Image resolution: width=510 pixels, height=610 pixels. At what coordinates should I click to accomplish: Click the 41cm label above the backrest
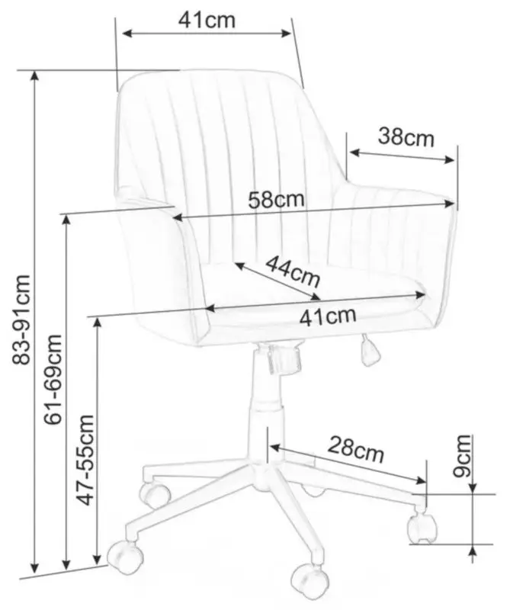[207, 20]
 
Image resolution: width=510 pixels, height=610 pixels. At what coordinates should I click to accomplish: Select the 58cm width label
[276, 200]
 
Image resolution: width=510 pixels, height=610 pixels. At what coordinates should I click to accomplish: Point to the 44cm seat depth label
[293, 271]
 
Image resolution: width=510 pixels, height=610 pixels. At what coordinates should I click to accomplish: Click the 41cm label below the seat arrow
[328, 316]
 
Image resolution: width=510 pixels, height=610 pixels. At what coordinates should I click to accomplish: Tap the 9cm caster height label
[462, 456]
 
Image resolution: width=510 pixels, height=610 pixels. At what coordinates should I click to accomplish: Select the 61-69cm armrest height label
[53, 379]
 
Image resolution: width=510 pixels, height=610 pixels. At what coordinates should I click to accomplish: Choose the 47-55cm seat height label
[86, 460]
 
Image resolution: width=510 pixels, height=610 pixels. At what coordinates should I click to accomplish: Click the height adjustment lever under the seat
[368, 351]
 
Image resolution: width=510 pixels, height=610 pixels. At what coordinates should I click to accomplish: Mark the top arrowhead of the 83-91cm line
[35, 75]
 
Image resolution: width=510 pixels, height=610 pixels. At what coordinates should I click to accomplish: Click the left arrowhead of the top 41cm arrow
[128, 33]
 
